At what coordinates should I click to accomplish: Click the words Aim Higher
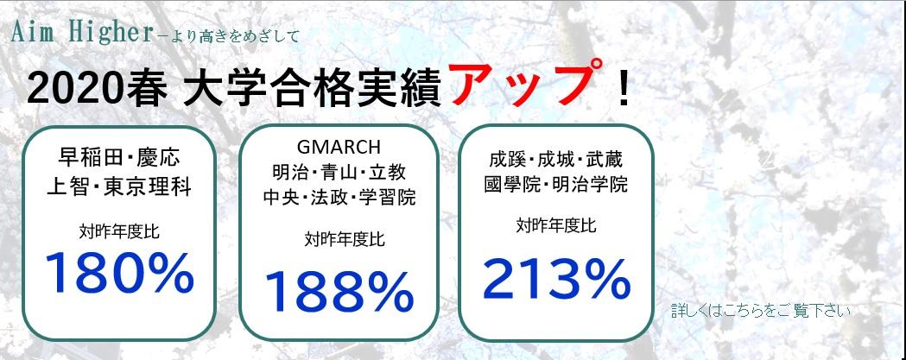tap(81, 33)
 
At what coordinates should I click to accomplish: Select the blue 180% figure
tap(119, 274)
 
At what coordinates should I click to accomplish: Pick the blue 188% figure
tap(339, 292)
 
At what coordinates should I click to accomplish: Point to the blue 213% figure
tap(556, 280)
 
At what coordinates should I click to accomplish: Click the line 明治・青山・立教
tap(339, 172)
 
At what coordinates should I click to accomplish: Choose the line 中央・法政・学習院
tap(339, 198)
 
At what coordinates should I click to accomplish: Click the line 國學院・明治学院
tap(556, 185)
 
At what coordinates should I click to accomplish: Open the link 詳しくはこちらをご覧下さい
tap(760, 311)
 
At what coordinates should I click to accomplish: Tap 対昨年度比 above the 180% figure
tap(119, 233)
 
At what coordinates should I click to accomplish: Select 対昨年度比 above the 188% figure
tap(345, 238)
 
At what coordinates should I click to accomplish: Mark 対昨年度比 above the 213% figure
tap(556, 225)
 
